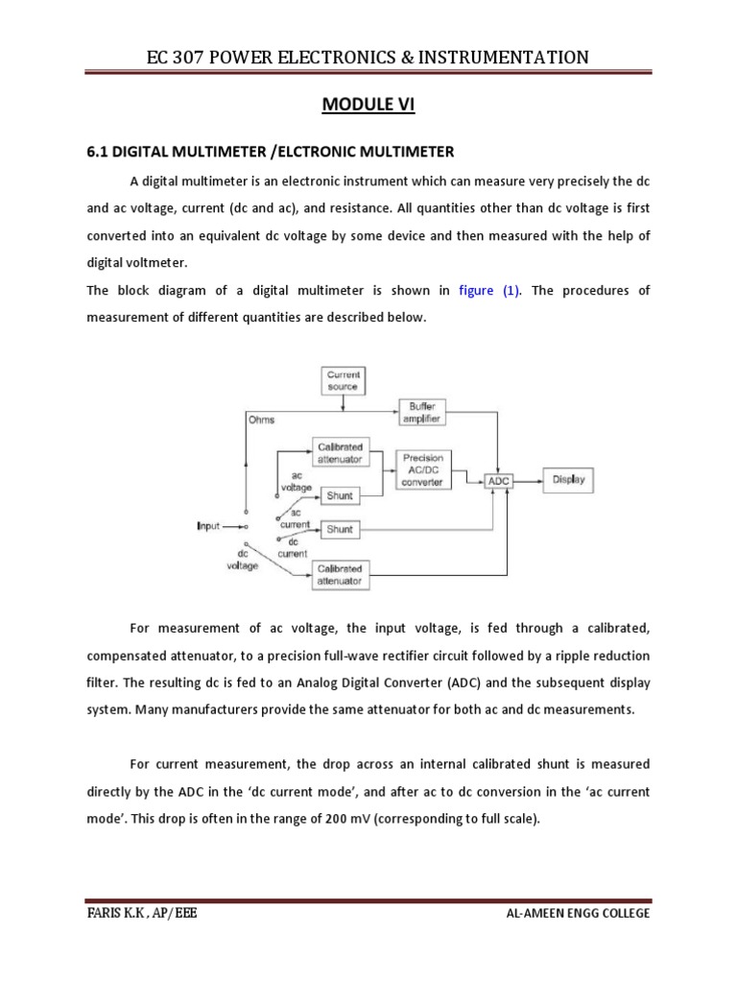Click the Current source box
pyautogui.click(x=343, y=380)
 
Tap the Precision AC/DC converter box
pyautogui.click(x=424, y=470)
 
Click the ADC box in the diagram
pyautogui.click(x=499, y=480)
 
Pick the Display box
pyautogui.click(x=568, y=479)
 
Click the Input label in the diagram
pyautogui.click(x=208, y=526)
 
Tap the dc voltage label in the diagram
pyautogui.click(x=242, y=561)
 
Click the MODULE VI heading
pyautogui.click(x=368, y=106)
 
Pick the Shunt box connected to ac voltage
pyautogui.click(x=341, y=495)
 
